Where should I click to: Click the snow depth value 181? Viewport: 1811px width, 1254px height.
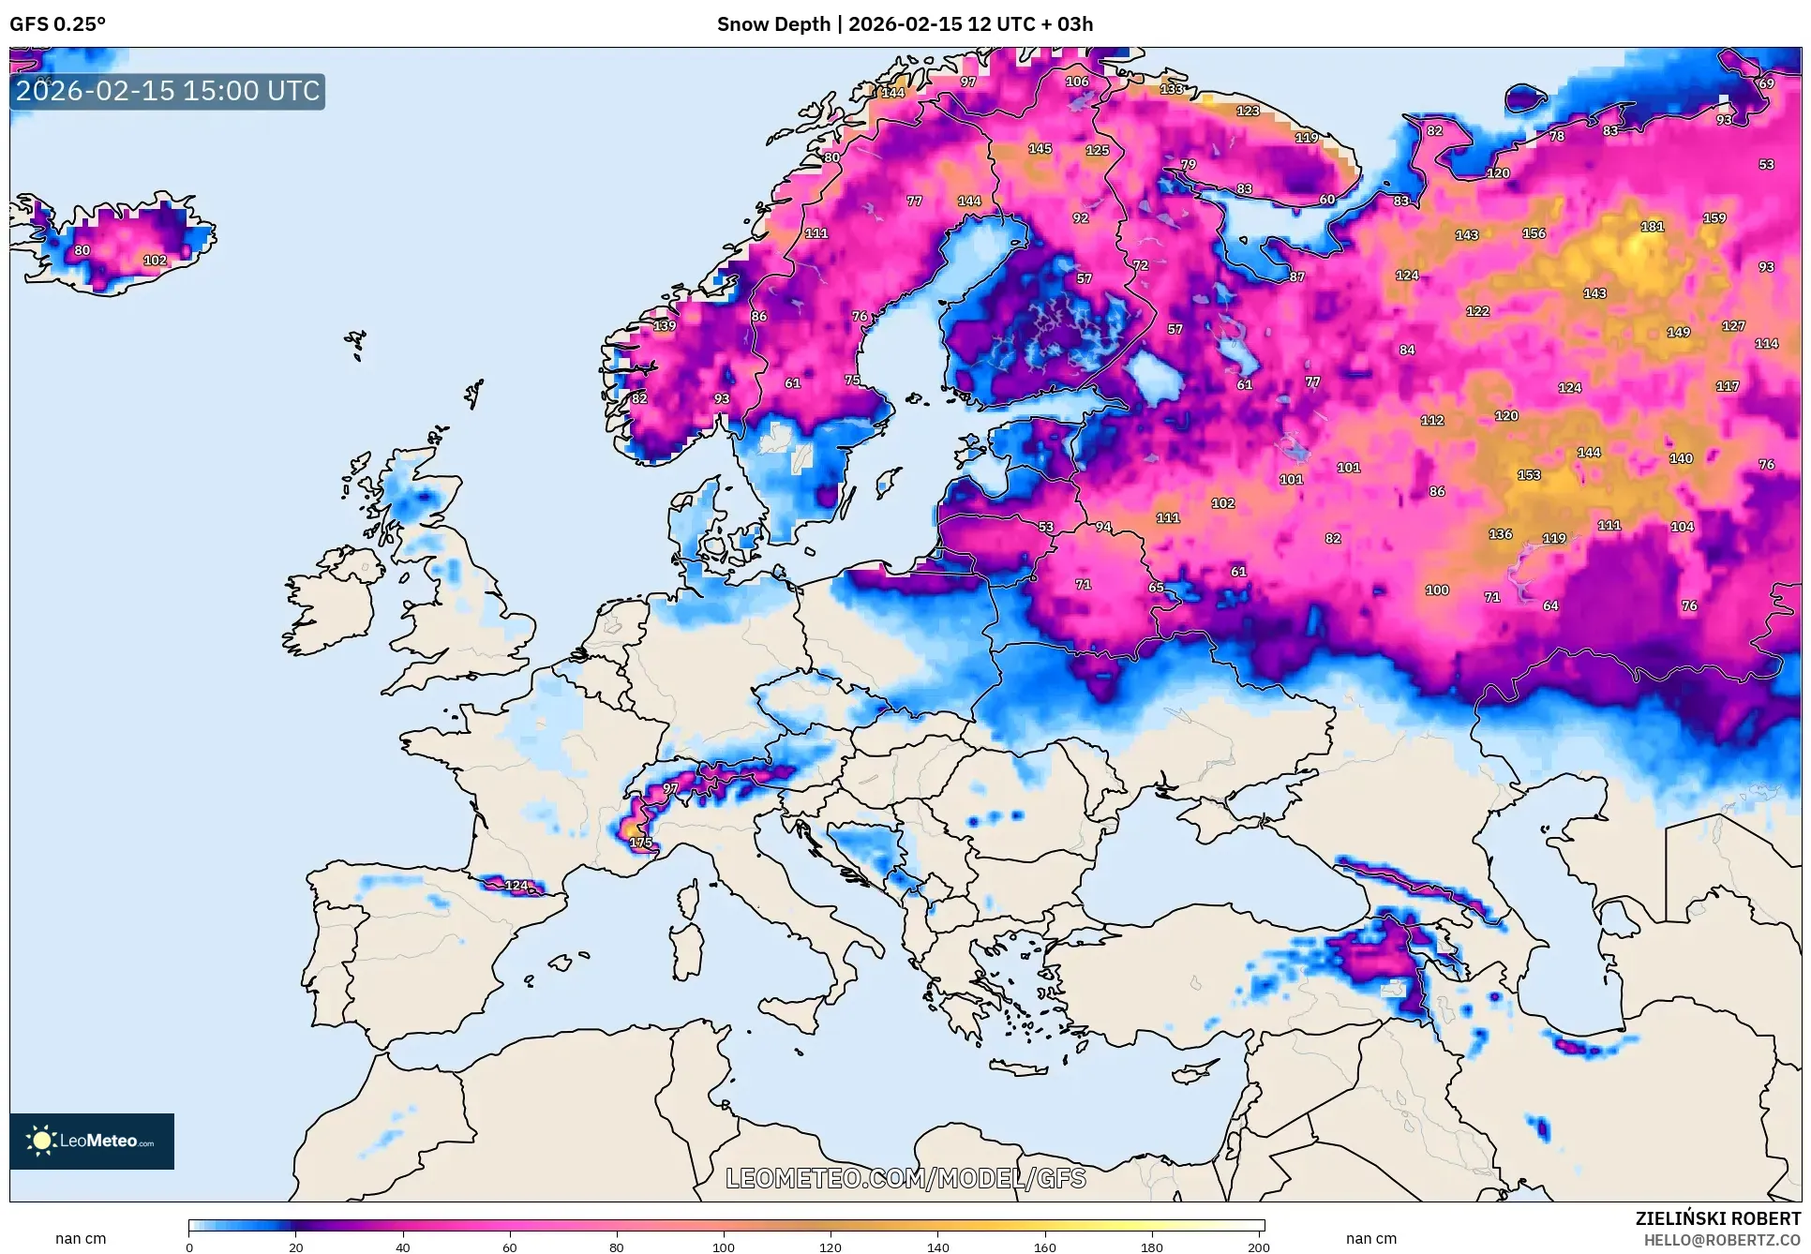pos(1652,226)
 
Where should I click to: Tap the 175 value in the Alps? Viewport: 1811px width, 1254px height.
pos(641,842)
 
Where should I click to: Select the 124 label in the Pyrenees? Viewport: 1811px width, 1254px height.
pos(516,885)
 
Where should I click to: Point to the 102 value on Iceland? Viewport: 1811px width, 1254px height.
pos(155,261)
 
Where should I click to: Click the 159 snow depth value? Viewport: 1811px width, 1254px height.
pos(1714,217)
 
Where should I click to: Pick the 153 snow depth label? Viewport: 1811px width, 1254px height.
pos(1529,475)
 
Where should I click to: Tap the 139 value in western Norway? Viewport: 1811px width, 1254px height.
pos(665,325)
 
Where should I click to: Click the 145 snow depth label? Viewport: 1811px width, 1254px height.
pos(1040,148)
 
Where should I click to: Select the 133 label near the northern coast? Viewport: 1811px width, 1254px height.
pos(1172,89)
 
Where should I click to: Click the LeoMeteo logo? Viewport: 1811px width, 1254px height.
pos(92,1141)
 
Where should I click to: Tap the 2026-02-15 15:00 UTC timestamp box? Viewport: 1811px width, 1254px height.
pos(168,91)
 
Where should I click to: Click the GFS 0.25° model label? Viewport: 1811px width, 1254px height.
pos(58,24)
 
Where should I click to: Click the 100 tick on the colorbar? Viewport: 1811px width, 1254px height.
pos(723,1247)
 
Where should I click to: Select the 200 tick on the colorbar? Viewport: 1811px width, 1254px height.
pos(1259,1247)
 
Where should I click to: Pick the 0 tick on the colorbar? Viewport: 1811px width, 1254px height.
pos(189,1247)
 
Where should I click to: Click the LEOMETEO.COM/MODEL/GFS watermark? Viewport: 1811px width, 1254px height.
pos(905,1178)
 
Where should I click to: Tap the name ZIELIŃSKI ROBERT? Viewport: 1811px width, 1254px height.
pos(1717,1218)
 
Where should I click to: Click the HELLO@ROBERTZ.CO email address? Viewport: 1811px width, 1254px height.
pos(1722,1240)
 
